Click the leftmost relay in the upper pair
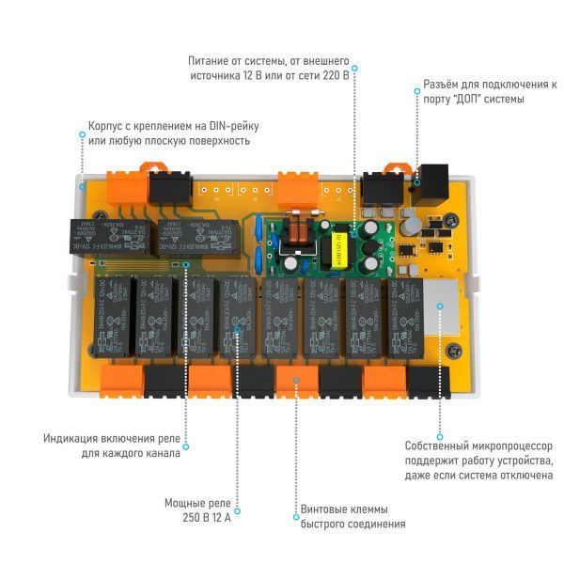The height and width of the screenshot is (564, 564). tap(86, 239)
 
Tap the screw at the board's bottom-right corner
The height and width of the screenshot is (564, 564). tap(454, 350)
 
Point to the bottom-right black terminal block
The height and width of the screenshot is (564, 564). tap(429, 380)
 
